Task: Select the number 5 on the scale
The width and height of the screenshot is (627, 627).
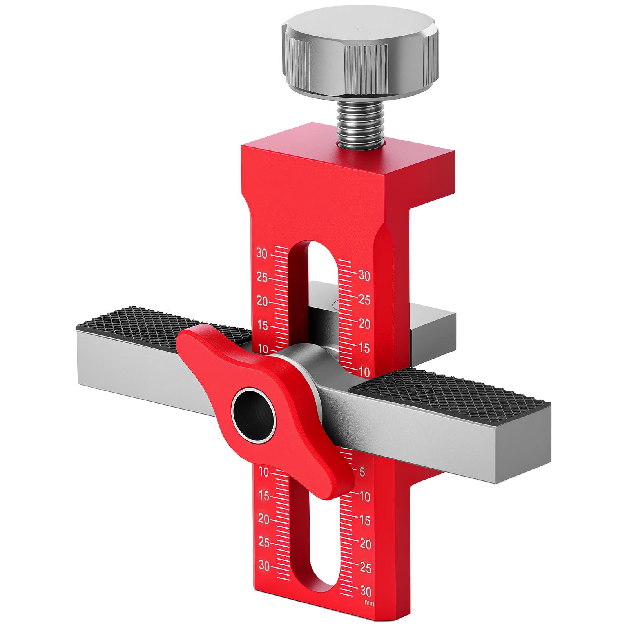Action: (x=362, y=472)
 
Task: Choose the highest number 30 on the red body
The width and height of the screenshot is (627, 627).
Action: (x=262, y=253)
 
